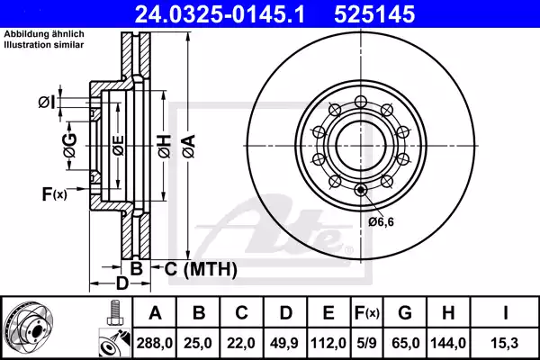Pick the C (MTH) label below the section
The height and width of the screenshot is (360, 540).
(x=201, y=269)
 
